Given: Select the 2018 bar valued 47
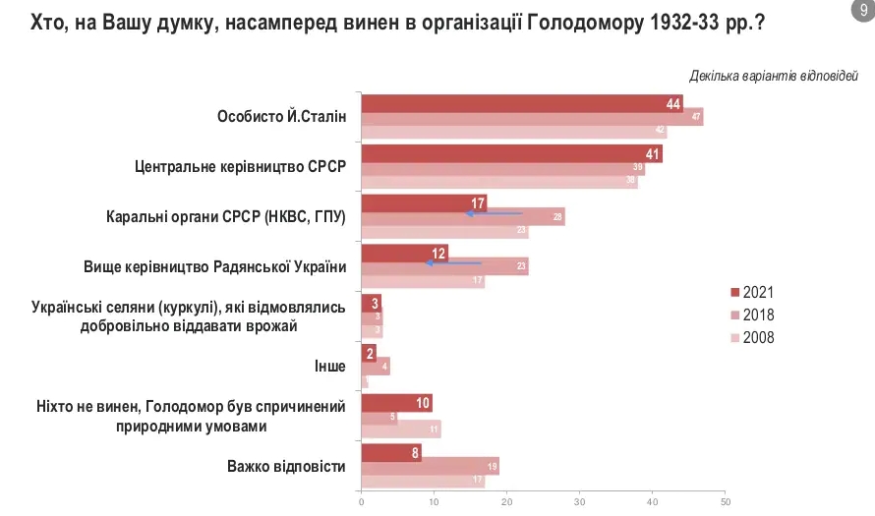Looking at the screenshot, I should tap(532, 117).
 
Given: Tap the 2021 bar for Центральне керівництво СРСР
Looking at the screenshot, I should tap(511, 154).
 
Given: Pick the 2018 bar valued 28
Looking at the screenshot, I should tap(463, 217).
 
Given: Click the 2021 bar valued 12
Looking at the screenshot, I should tap(404, 253).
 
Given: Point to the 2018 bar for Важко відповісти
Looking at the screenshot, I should tap(430, 467).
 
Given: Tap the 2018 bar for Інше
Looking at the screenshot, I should tap(376, 367).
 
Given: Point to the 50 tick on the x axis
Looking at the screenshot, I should tap(725, 503).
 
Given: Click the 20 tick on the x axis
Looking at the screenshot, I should tap(507, 503).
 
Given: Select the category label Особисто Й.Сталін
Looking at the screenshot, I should tap(281, 116).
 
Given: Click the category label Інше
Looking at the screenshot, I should tap(329, 366).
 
